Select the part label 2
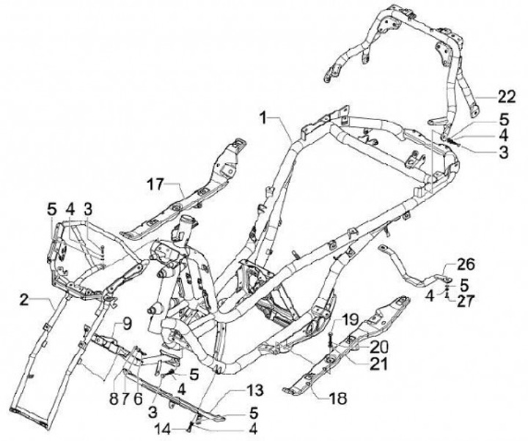24,300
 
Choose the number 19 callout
349,319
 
